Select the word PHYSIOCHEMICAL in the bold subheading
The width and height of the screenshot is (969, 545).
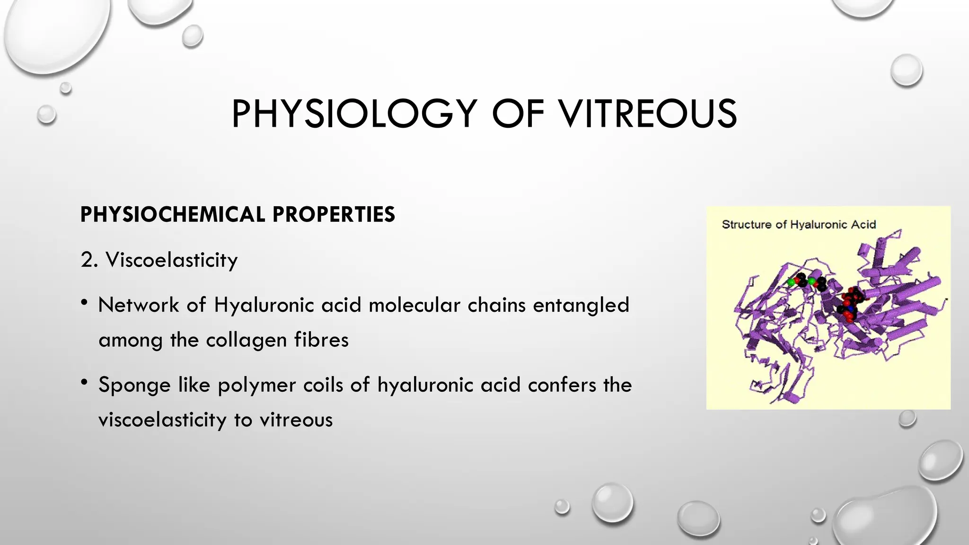172,215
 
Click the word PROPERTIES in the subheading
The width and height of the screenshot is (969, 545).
334,215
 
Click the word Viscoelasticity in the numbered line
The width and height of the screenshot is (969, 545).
172,260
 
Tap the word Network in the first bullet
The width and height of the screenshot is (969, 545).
138,305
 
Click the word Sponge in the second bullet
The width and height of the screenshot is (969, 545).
134,385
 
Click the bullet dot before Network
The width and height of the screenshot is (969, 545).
84,302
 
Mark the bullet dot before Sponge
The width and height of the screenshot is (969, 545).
84,382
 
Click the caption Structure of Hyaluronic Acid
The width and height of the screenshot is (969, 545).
799,225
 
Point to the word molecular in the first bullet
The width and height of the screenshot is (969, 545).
414,305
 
